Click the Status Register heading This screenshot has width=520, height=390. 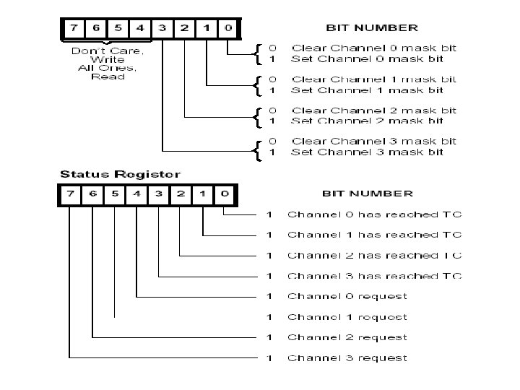coord(120,174)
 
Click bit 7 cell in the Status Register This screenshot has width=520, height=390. coord(70,194)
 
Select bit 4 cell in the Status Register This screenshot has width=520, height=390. coord(136,194)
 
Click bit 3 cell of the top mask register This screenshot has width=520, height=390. coord(162,29)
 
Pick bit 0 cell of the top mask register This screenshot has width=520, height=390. coord(227,29)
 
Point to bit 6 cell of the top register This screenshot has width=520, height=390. coord(95,29)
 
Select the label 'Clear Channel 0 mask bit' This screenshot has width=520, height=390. coord(373,48)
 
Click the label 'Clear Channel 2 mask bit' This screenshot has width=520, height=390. coord(373,110)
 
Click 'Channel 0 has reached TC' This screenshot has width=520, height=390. coord(374,214)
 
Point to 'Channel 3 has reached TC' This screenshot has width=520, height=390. coord(374,275)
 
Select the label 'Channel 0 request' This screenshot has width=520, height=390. coord(347,296)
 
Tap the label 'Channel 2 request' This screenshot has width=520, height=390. coord(347,337)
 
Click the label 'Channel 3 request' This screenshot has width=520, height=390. coord(347,357)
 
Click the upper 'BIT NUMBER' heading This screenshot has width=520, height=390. coord(372,27)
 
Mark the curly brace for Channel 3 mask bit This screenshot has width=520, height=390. coord(258,147)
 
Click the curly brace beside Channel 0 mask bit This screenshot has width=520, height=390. coord(258,53)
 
